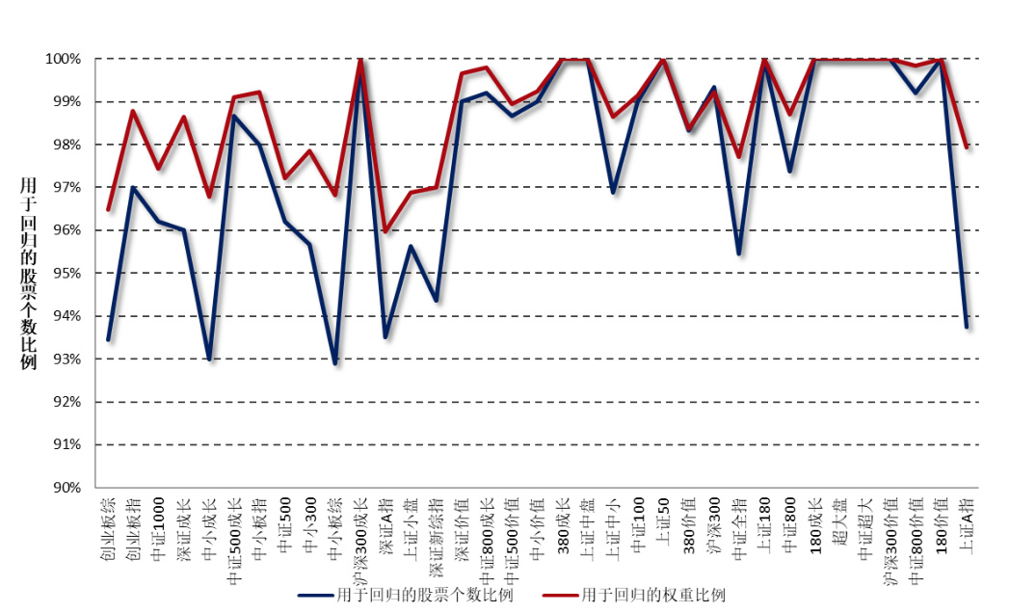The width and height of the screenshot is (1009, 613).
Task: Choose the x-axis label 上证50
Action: pyautogui.click(x=663, y=520)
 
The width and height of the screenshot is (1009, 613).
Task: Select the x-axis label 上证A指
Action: pyautogui.click(x=967, y=525)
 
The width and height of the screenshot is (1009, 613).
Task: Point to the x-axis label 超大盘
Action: pyautogui.click(x=840, y=520)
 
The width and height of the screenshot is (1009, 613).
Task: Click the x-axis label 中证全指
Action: pyautogui.click(x=739, y=525)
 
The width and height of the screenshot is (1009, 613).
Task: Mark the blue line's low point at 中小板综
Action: pyautogui.click(x=335, y=363)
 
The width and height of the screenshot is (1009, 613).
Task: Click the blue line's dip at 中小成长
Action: pyautogui.click(x=209, y=360)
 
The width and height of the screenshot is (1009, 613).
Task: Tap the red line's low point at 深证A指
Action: pyautogui.click(x=385, y=231)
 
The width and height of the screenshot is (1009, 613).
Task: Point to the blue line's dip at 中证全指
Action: pyautogui.click(x=739, y=253)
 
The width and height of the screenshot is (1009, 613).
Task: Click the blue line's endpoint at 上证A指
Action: pyautogui.click(x=967, y=327)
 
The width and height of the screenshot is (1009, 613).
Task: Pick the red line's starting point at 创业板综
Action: pyautogui.click(x=108, y=209)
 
